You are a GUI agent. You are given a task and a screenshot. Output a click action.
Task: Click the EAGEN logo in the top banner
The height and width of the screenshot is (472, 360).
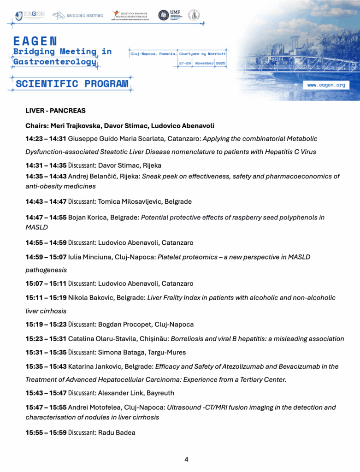(30, 15)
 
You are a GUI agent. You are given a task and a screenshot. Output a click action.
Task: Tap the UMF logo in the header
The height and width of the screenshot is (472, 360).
(173, 15)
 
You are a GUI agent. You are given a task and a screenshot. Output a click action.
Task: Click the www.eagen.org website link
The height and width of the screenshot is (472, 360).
(325, 85)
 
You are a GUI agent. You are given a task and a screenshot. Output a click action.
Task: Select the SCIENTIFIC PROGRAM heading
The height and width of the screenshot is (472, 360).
(72, 83)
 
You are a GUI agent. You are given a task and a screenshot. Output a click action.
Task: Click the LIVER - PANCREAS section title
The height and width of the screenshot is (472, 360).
(55, 111)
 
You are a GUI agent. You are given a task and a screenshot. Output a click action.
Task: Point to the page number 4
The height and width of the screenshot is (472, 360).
(186, 459)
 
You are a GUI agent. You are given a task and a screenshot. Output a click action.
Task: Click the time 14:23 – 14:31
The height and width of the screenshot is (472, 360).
(46, 138)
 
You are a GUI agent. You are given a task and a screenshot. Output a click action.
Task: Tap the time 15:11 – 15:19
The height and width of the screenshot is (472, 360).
(46, 298)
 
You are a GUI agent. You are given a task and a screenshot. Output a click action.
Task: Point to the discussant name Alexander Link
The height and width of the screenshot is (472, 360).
(120, 393)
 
